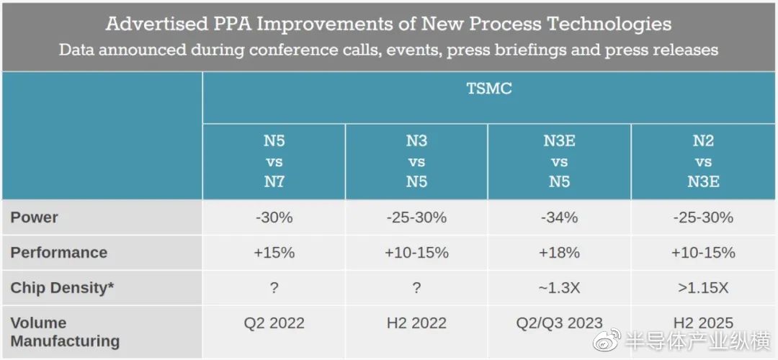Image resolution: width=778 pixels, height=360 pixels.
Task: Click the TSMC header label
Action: click(x=489, y=89)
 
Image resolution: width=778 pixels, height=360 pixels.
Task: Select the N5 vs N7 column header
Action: click(x=274, y=161)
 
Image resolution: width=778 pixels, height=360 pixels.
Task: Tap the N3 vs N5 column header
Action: click(x=416, y=161)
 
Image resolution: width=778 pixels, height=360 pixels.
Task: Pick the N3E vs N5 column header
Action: click(x=559, y=161)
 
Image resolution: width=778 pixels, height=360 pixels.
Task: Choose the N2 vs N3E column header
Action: click(x=703, y=161)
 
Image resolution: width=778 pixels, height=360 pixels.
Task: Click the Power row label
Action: click(x=35, y=217)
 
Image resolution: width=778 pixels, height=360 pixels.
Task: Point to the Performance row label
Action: click(x=59, y=253)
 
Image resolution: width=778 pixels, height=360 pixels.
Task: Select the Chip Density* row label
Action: click(x=62, y=288)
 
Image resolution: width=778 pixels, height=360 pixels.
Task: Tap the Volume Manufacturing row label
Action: click(x=65, y=332)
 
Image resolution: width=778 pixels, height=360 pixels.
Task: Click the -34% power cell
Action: click(x=559, y=217)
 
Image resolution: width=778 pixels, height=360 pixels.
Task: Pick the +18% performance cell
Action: click(x=559, y=253)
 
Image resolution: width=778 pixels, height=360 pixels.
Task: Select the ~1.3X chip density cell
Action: click(x=559, y=288)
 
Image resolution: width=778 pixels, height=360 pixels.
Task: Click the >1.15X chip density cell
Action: click(x=703, y=288)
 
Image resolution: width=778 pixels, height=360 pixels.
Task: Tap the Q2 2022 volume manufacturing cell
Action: click(x=274, y=323)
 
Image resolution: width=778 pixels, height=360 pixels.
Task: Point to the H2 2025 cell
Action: click(x=703, y=323)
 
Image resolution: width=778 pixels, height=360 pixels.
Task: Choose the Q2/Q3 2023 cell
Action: click(x=559, y=323)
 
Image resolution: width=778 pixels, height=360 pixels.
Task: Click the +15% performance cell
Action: click(x=274, y=253)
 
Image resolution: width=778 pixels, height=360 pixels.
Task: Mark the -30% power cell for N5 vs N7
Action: click(x=274, y=217)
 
